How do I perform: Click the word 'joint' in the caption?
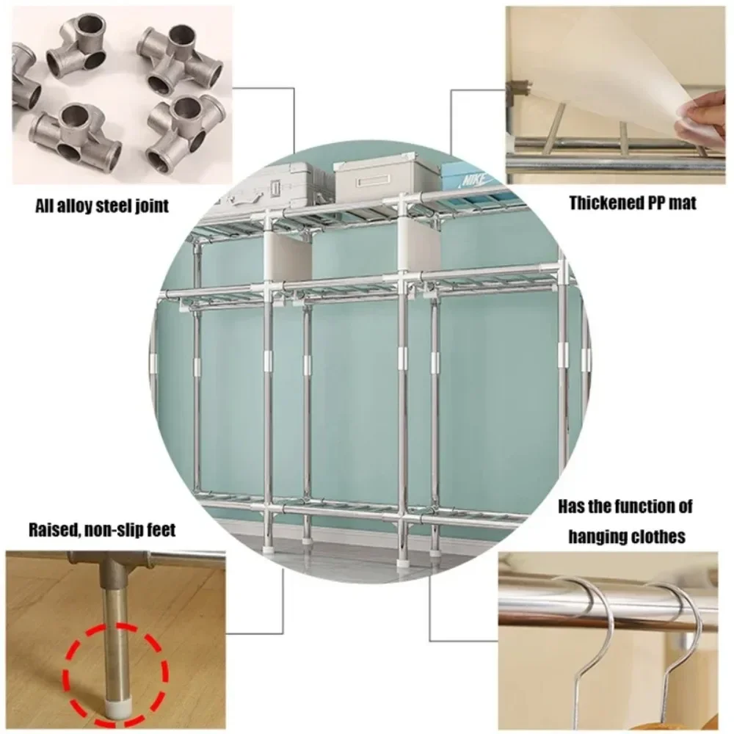tap(148, 206)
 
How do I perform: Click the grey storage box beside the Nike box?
tap(382, 180)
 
